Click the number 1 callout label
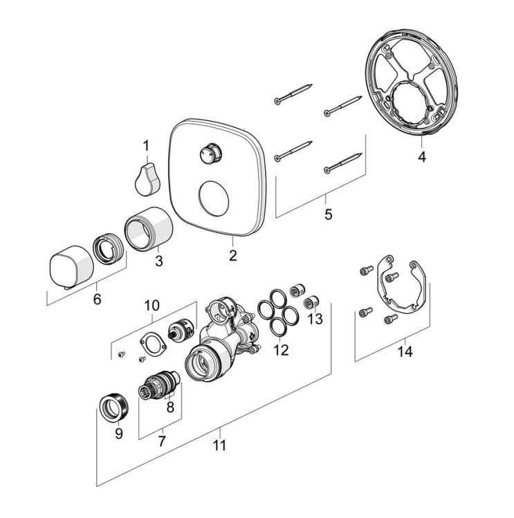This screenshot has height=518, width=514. (x=146, y=145)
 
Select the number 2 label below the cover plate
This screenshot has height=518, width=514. (x=233, y=255)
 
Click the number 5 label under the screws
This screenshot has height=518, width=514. (x=328, y=214)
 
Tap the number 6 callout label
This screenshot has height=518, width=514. (x=97, y=299)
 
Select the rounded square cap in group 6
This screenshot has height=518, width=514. (x=71, y=266)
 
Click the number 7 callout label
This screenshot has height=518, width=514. (x=161, y=439)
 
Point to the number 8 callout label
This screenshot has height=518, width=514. (x=170, y=407)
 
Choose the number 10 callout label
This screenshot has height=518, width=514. (x=152, y=305)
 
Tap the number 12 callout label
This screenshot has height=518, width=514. (x=280, y=350)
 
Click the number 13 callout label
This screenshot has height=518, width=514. (x=315, y=319)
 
